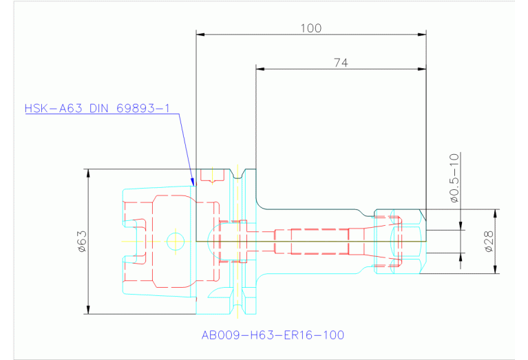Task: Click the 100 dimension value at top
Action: (310, 28)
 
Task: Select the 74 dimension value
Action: (341, 63)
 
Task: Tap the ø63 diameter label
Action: (82, 242)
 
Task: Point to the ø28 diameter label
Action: (489, 241)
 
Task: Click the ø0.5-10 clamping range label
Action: (454, 178)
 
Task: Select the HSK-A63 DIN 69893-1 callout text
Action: (97, 109)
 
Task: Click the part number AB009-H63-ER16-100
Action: (273, 335)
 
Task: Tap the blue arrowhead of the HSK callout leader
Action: (193, 182)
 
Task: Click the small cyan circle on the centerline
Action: (176, 241)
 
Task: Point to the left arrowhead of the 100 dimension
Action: (200, 34)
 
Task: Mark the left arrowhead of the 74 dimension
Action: (260, 69)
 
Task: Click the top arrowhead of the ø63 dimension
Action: (88, 173)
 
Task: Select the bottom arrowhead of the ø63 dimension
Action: (88, 310)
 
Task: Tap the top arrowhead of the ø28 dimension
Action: (495, 213)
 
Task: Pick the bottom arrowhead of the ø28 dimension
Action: (495, 269)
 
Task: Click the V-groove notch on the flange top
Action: (237, 173)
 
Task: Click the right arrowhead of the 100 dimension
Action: (422, 34)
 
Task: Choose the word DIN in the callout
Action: (99, 109)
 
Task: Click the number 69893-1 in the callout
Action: (143, 109)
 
